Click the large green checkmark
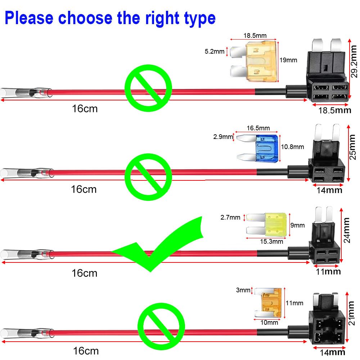coord(162,248)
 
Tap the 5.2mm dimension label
coord(214,51)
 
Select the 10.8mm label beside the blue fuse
coord(292,147)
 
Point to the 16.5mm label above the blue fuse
coord(258,128)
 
